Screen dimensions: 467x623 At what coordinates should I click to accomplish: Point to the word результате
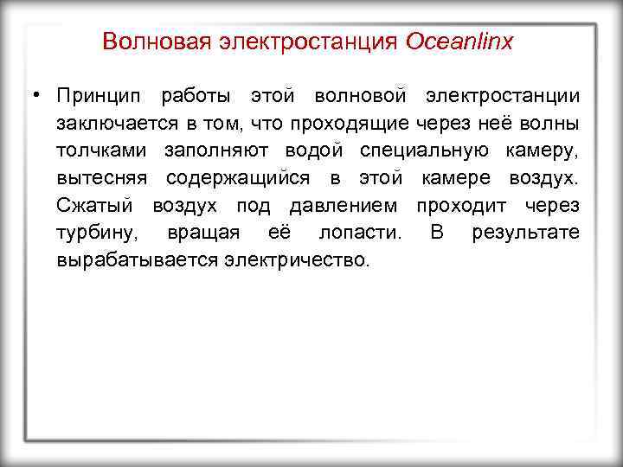[525, 233]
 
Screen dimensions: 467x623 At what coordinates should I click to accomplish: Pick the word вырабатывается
[138, 260]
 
